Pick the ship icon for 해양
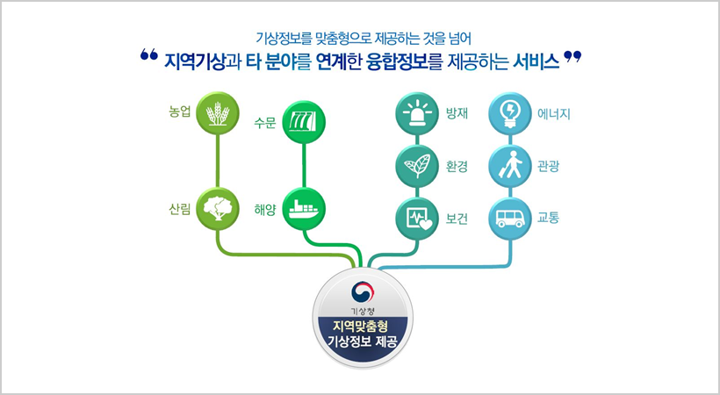pos(303,208)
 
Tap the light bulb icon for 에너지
pos(510,115)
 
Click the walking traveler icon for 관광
pos(510,165)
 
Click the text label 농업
pos(180,113)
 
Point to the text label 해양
pos(265,211)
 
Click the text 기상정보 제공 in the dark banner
pos(361,342)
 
